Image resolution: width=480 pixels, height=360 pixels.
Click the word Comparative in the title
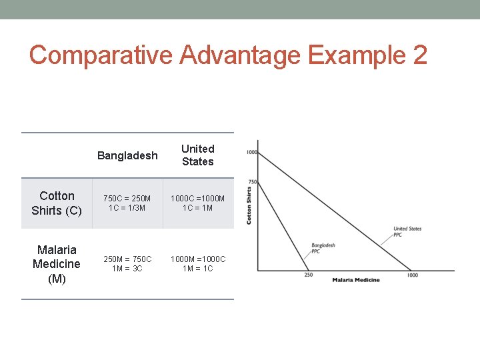click(x=98, y=55)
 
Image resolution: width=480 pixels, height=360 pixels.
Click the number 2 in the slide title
click(x=419, y=55)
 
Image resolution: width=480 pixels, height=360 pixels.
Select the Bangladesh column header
click(x=127, y=155)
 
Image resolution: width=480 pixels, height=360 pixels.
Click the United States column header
click(x=198, y=155)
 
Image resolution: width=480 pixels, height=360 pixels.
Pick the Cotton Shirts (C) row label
click(x=57, y=203)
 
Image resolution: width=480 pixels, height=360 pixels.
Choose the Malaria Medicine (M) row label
click(x=57, y=264)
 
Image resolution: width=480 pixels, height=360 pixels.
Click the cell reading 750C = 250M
click(x=127, y=203)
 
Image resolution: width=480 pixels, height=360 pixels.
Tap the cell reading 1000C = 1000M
click(x=198, y=203)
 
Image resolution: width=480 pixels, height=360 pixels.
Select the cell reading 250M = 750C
click(x=127, y=263)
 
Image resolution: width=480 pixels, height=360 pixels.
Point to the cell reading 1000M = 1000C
click(x=198, y=263)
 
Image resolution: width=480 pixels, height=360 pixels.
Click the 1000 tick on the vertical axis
click(x=251, y=152)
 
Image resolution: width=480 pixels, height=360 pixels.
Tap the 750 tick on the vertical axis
click(x=252, y=182)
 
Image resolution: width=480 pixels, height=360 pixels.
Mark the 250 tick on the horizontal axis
click(x=309, y=275)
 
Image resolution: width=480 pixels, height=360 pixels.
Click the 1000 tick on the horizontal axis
click(x=413, y=275)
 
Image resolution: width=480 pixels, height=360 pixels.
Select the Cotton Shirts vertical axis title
click(x=249, y=205)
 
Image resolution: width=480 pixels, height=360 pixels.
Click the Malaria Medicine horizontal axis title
click(x=356, y=280)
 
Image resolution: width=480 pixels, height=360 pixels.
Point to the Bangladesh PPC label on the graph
click(x=323, y=249)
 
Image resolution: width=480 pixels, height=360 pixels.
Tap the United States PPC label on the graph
click(x=407, y=231)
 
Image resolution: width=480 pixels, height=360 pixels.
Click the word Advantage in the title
click(x=236, y=55)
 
